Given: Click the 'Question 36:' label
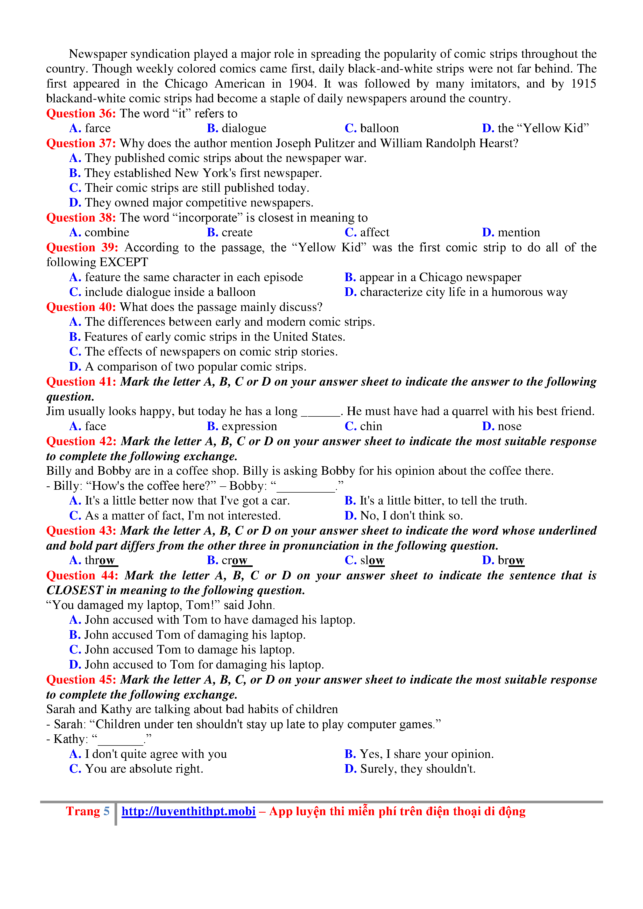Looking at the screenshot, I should pyautogui.click(x=81, y=113).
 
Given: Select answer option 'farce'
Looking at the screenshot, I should pyautogui.click(x=97, y=128).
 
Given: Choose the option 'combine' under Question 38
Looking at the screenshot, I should pyautogui.click(x=107, y=232).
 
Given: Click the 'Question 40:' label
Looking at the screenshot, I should pyautogui.click(x=81, y=307).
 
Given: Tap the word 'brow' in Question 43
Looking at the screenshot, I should pyautogui.click(x=511, y=560).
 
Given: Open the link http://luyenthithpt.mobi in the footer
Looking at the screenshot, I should pyautogui.click(x=188, y=812).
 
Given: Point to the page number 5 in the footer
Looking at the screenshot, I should pyautogui.click(x=107, y=812).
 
